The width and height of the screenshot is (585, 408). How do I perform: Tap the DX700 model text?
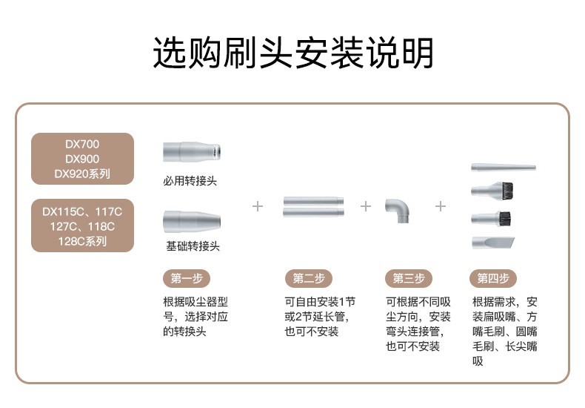81,144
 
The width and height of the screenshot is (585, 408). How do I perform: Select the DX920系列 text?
81,174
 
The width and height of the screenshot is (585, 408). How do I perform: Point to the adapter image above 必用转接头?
190,152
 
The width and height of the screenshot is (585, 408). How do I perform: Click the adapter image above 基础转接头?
190,222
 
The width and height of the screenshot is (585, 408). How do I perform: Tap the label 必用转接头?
190,180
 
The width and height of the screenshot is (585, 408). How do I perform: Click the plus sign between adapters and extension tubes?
258,205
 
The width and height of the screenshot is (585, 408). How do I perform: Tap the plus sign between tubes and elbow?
365,205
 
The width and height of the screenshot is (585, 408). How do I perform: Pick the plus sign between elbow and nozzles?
441,205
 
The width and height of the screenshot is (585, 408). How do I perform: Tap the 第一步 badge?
186,278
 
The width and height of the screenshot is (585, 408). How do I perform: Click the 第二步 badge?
308,278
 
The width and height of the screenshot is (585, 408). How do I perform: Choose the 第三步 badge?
409,278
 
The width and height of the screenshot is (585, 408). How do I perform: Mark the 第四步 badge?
493,278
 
